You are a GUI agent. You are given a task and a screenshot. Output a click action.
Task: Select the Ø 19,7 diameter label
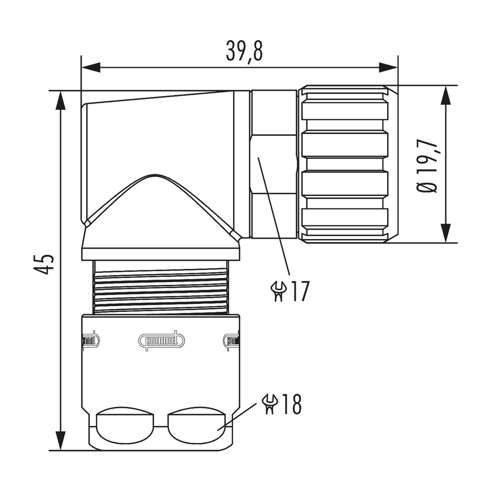427,167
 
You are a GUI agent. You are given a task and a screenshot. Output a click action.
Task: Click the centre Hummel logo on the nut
161,340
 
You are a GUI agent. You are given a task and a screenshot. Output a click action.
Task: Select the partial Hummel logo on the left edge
90,341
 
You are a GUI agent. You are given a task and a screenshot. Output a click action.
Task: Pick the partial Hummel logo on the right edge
231,341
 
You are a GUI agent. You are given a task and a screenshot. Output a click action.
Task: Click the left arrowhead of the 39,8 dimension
90,68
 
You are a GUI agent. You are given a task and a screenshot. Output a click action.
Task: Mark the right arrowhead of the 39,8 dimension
389,68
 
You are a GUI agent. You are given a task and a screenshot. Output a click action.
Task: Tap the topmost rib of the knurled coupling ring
344,111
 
